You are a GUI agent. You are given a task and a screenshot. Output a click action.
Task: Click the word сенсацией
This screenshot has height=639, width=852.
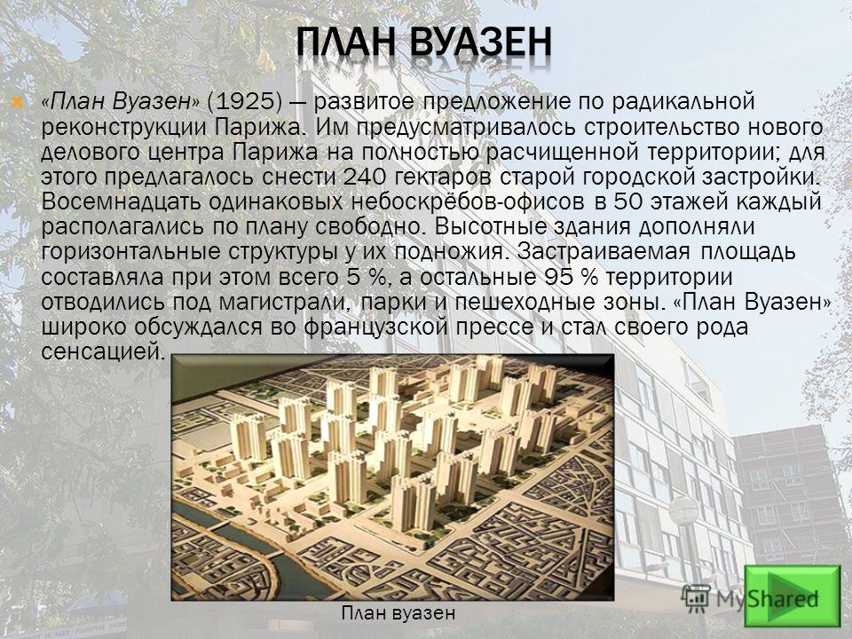click(103, 352)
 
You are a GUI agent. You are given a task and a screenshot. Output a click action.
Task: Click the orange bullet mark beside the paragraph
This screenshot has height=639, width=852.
click(18, 102)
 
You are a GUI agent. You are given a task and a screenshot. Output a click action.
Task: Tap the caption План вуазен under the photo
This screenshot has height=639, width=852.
click(398, 613)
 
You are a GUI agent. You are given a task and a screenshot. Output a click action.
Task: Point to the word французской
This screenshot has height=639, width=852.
click(390, 327)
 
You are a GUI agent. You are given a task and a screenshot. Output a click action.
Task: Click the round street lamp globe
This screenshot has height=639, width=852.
click(683, 511)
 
